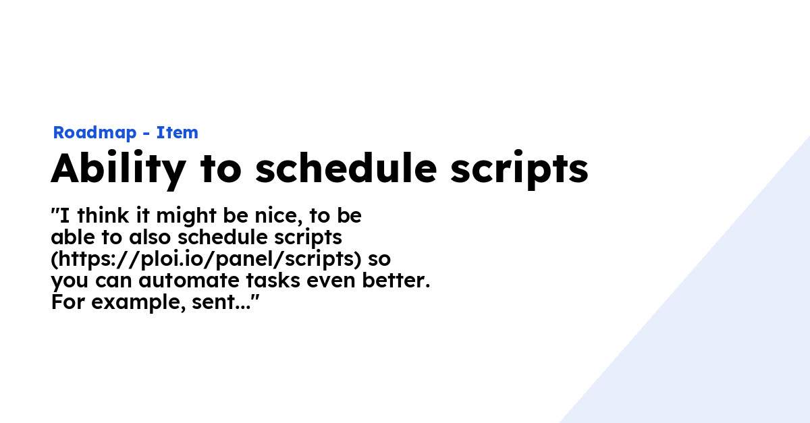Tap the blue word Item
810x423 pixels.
click(x=177, y=133)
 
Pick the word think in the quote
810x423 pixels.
click(x=99, y=216)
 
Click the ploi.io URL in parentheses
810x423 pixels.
click(x=202, y=260)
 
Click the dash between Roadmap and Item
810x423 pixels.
click(x=146, y=134)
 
